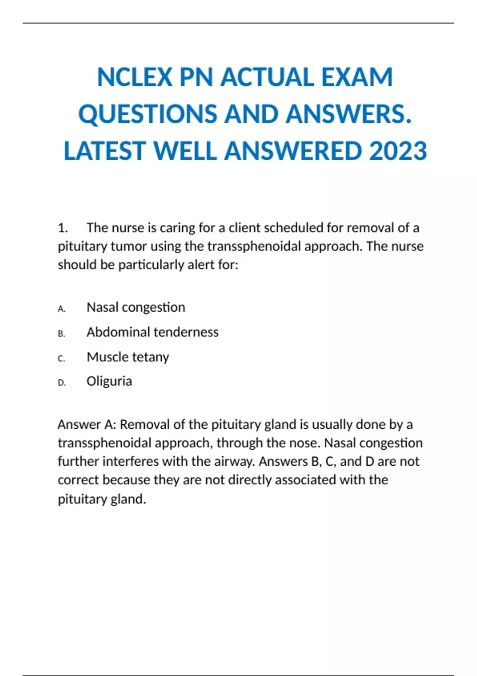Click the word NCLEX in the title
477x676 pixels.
(135, 77)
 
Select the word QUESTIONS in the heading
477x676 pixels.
(147, 114)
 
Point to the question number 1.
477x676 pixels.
(62, 228)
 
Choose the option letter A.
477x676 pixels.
(62, 309)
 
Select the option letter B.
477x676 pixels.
(62, 334)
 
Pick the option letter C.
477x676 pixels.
(62, 358)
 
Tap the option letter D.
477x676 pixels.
(62, 383)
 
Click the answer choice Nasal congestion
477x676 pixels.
(136, 307)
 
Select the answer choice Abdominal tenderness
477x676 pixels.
(152, 332)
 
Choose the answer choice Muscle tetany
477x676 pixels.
(128, 357)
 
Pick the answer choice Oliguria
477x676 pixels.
(109, 381)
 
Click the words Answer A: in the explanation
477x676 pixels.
(87, 425)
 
